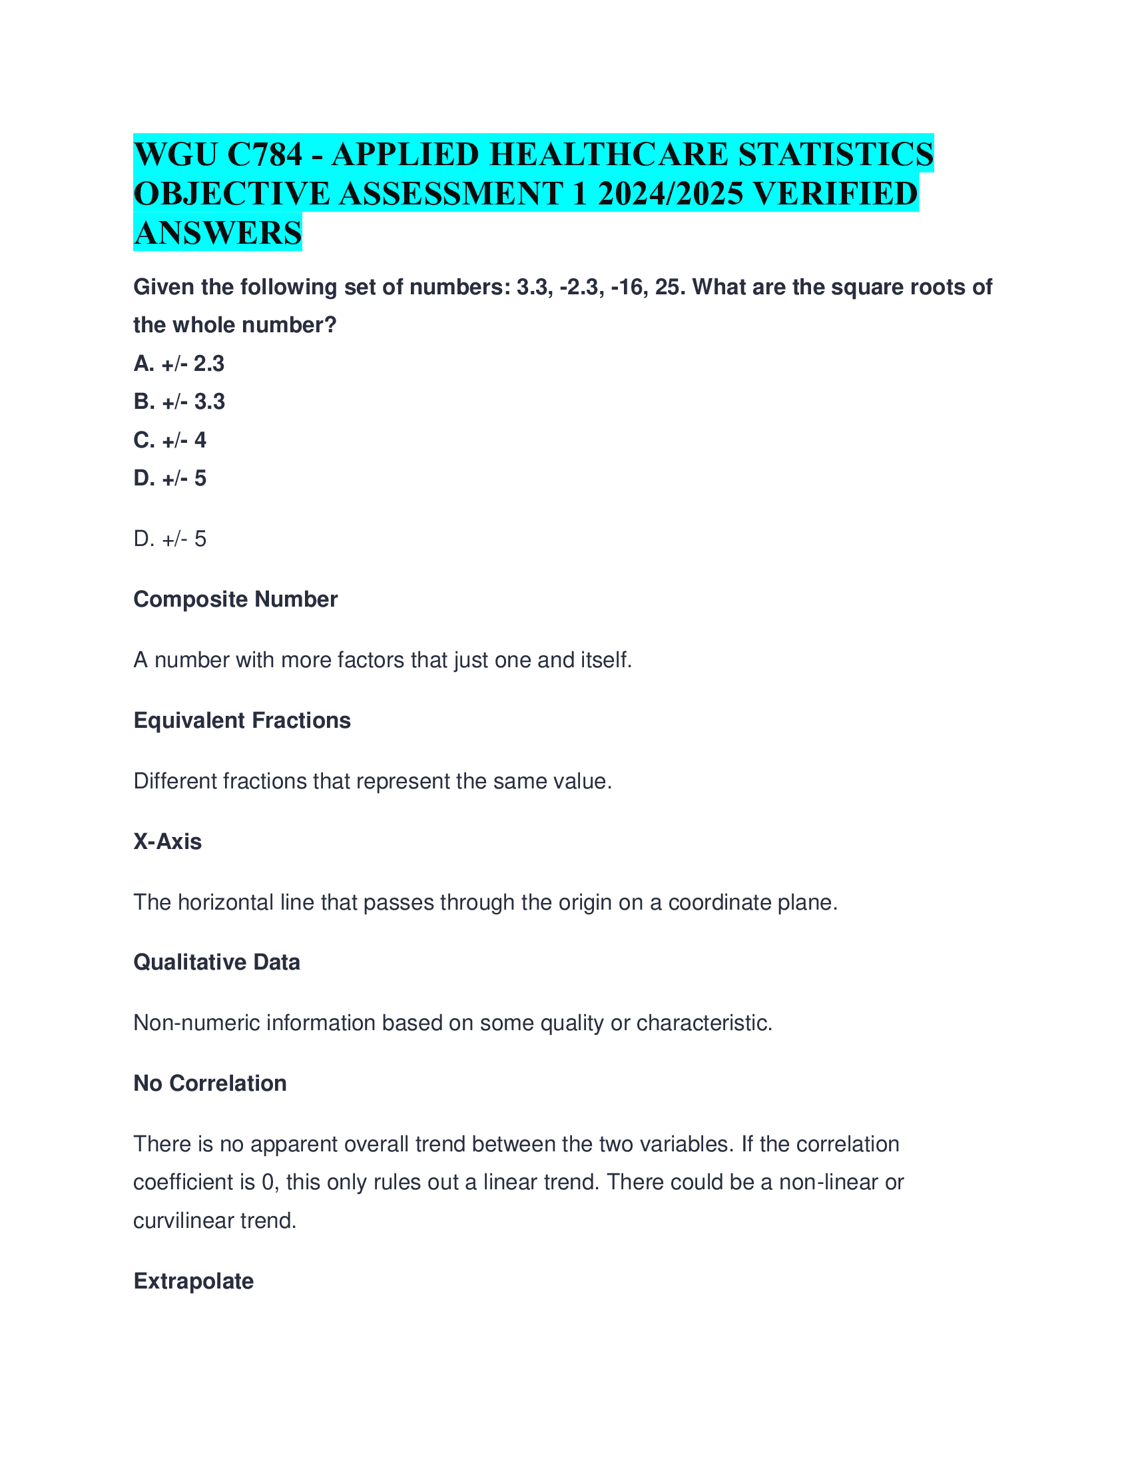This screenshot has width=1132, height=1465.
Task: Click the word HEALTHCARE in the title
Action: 609,154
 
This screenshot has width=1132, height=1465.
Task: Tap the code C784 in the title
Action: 265,154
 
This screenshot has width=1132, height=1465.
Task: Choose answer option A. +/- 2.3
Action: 179,364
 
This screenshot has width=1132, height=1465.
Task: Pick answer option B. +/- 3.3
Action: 179,402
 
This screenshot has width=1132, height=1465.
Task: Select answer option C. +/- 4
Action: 170,440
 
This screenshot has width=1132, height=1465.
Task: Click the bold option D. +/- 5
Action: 170,478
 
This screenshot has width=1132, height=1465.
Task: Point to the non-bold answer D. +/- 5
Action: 170,539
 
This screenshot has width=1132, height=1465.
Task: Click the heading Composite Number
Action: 235,599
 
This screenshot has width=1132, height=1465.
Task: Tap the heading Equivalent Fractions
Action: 242,721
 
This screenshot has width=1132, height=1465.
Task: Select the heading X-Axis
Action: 168,841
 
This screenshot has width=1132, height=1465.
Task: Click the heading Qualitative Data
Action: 216,962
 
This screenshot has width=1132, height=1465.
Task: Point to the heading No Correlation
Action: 210,1083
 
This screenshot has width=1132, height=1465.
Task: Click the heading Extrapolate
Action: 194,1281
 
